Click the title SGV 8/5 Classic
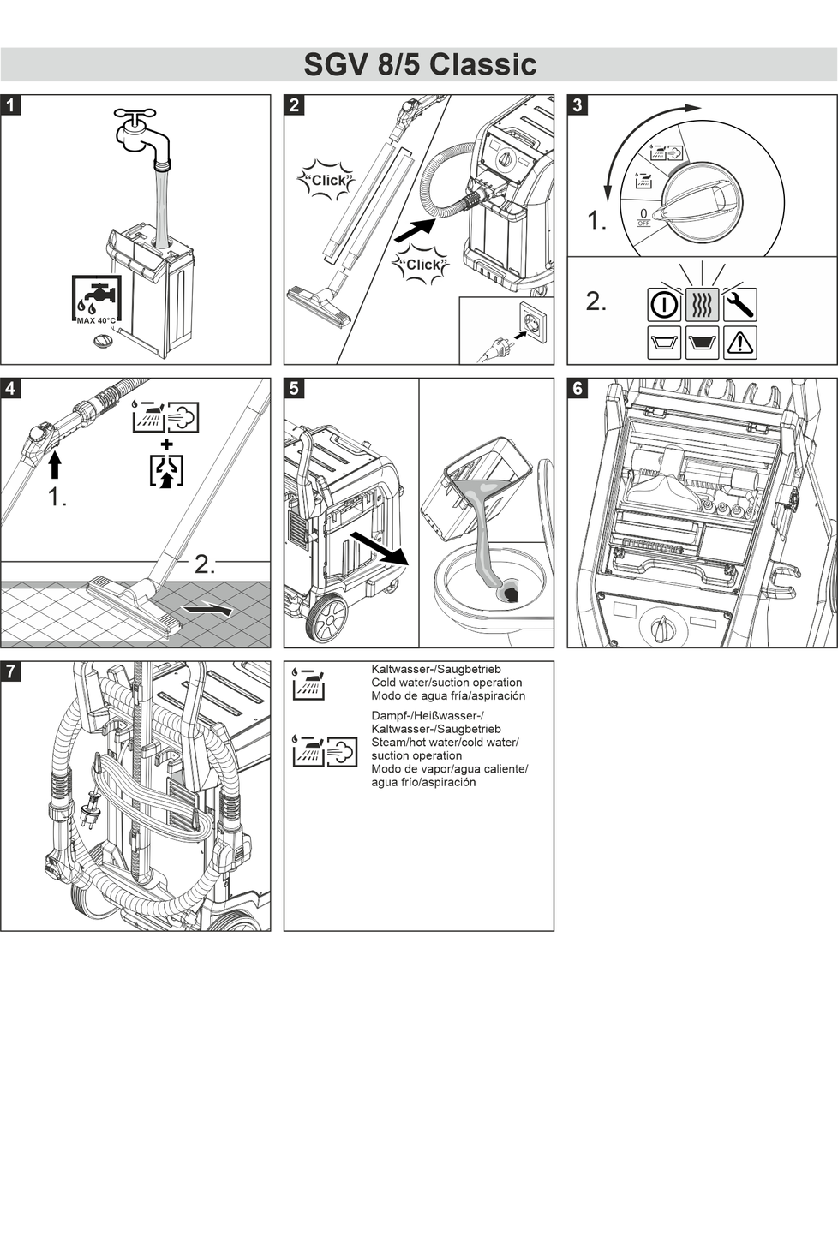point(420,64)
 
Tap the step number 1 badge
point(10,105)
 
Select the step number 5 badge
point(294,388)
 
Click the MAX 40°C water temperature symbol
point(97,301)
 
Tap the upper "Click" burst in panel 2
point(326,181)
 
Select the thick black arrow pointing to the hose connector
point(415,229)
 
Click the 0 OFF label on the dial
point(643,217)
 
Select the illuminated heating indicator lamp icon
point(702,304)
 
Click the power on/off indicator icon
point(664,304)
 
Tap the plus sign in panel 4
point(166,444)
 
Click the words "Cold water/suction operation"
point(446,683)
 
